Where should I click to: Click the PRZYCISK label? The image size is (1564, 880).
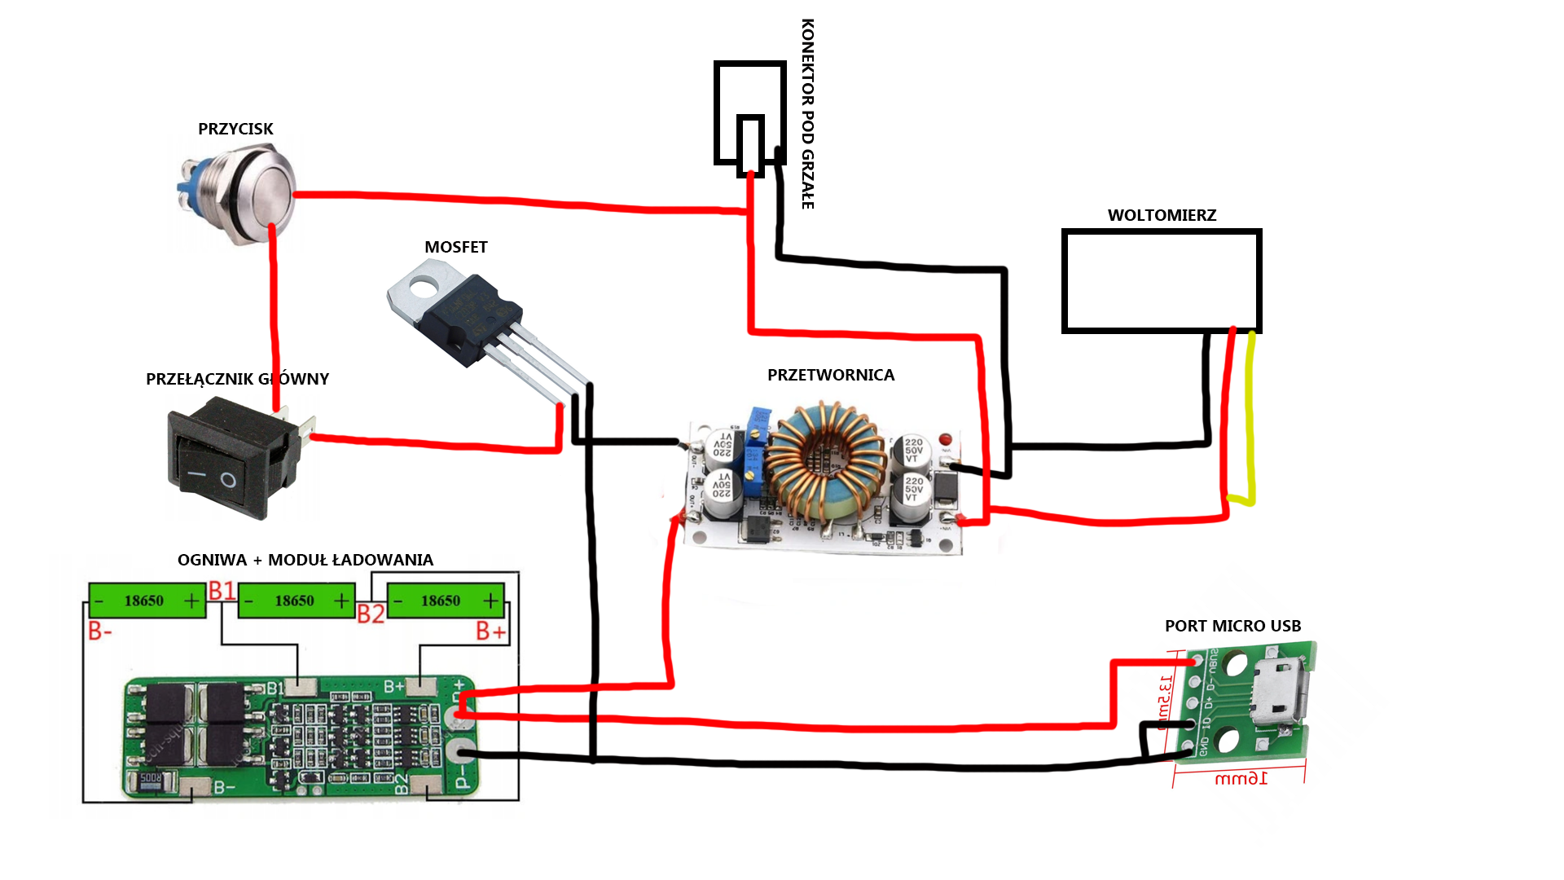[x=235, y=129]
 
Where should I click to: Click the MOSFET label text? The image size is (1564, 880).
[x=455, y=247]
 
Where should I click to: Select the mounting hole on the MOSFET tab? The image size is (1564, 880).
[x=423, y=285]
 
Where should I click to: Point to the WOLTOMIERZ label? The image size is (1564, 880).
[x=1162, y=215]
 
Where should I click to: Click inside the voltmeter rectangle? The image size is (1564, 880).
[x=1162, y=281]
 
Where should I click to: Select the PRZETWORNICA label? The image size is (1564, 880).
[x=830, y=375]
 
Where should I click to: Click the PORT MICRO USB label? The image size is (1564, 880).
[x=1232, y=626]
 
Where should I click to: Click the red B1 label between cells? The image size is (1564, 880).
[x=222, y=590]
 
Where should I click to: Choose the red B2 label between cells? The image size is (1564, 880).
[x=371, y=614]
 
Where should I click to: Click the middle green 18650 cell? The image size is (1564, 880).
[x=296, y=601]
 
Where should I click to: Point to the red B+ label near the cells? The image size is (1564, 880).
[x=490, y=631]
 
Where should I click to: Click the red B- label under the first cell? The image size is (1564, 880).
[x=99, y=631]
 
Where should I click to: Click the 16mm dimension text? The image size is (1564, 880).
[x=1241, y=778]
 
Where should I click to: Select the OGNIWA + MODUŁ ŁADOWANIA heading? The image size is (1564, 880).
[x=305, y=560]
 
